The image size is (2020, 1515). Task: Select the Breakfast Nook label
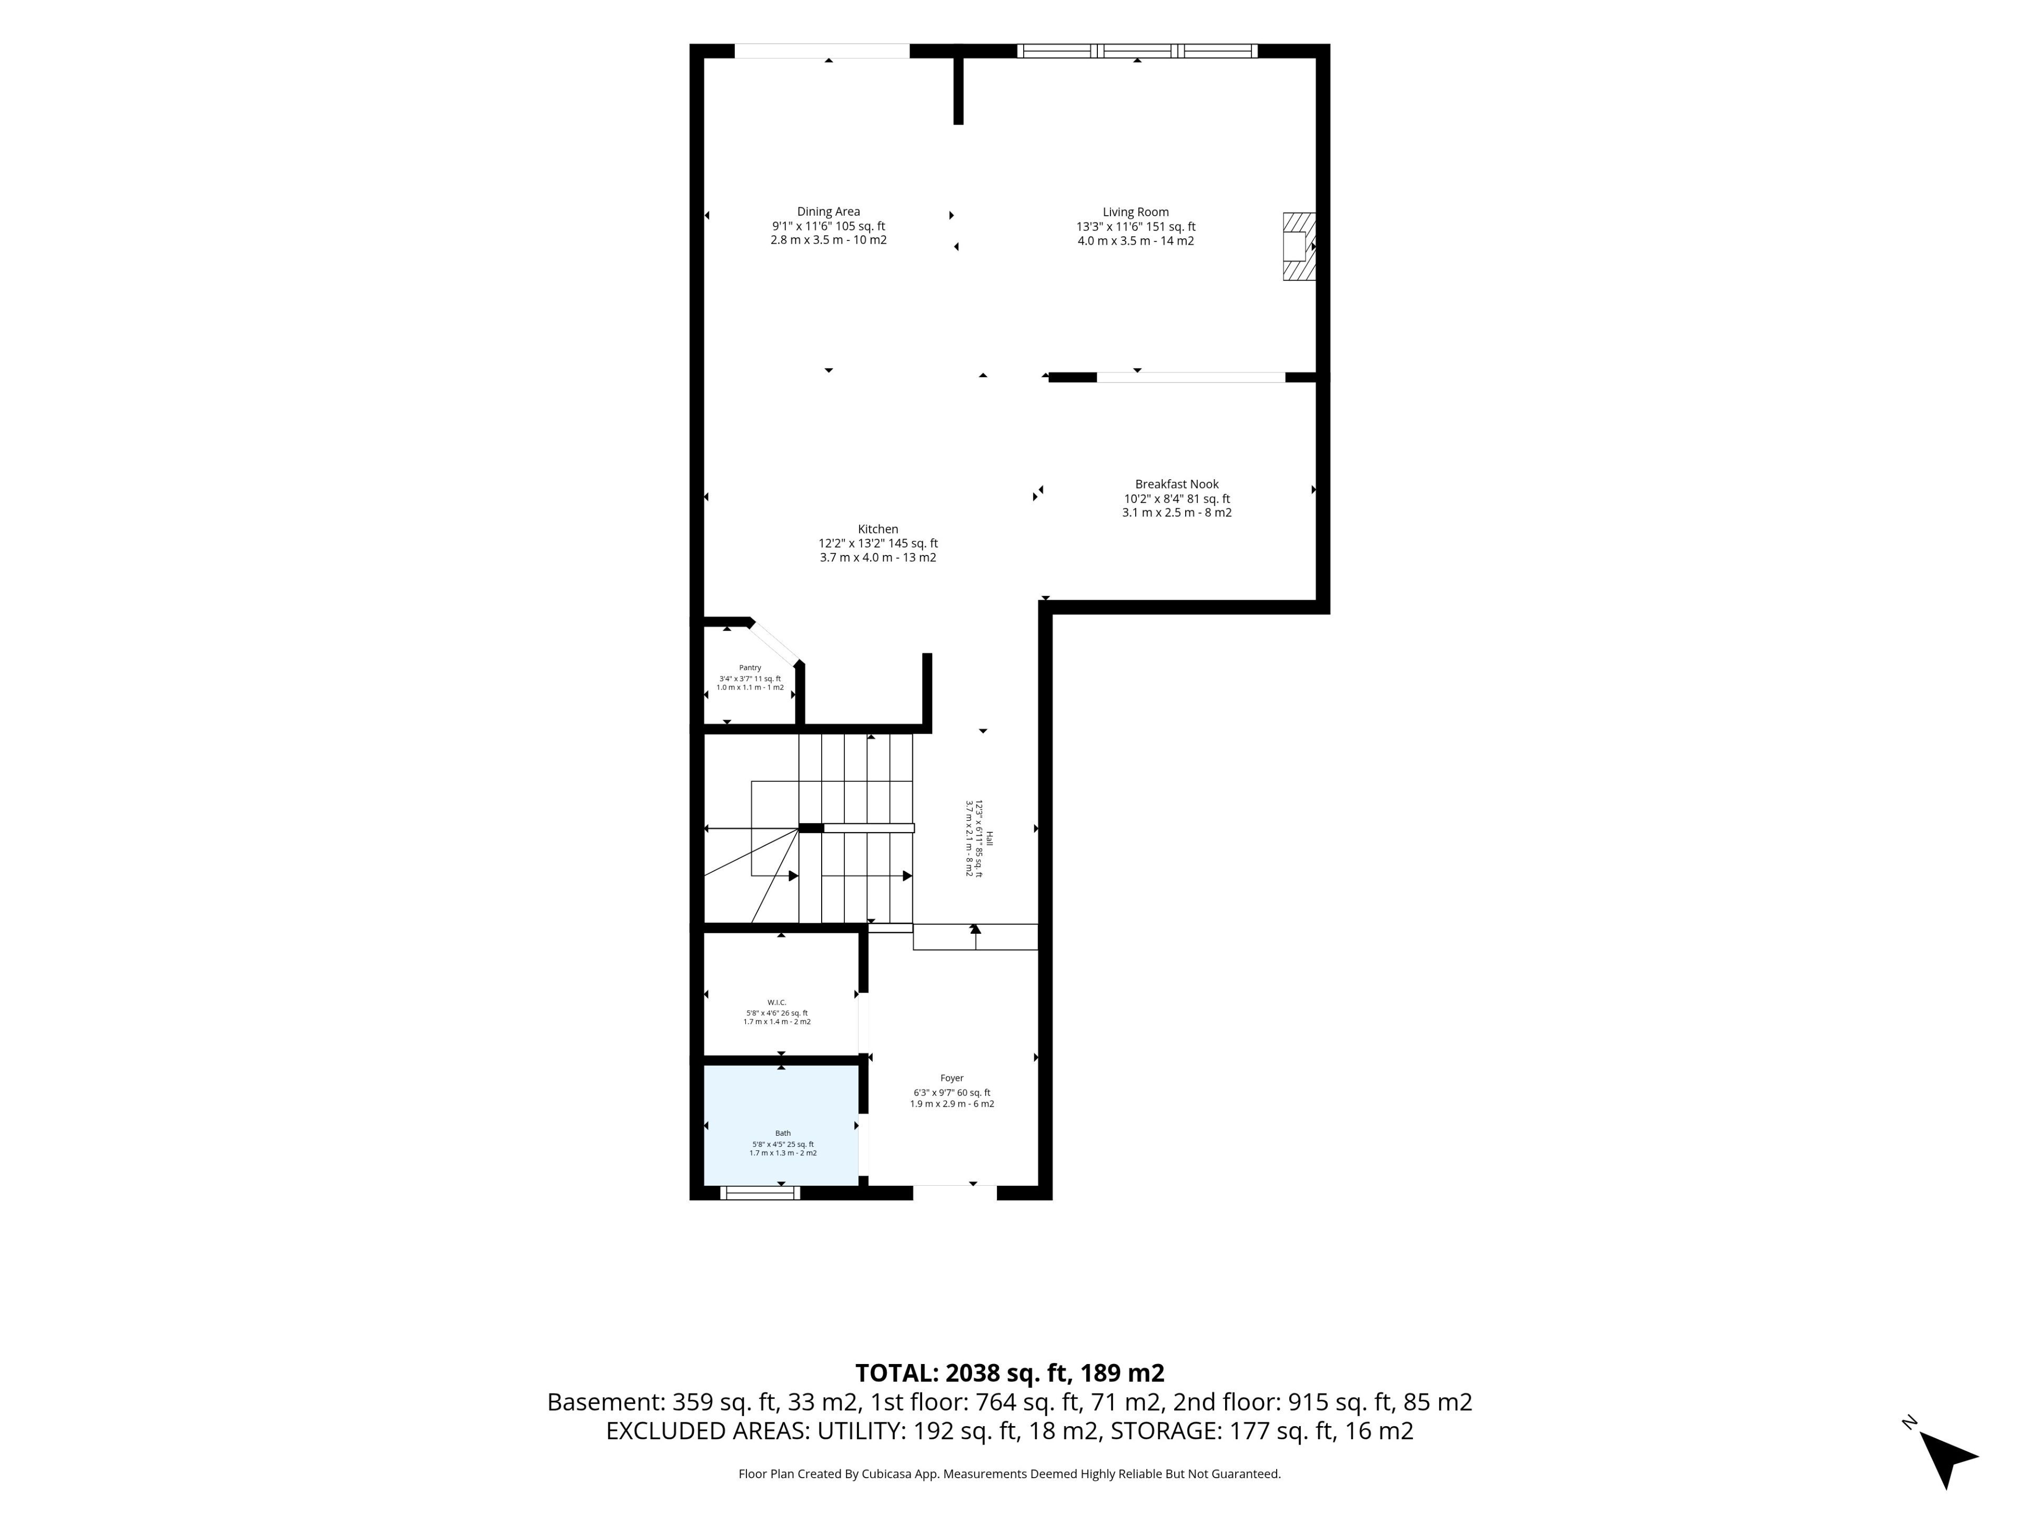1176,484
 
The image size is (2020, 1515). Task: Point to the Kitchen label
877,529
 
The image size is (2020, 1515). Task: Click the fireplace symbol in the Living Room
1299,247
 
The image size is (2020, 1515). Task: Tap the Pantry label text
750,668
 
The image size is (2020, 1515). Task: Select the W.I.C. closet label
776,1002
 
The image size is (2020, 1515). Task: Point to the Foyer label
952,1077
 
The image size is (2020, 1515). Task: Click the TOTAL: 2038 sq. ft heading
1009,1372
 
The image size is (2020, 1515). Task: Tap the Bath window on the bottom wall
760,1193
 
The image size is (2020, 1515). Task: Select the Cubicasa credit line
1009,1473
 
